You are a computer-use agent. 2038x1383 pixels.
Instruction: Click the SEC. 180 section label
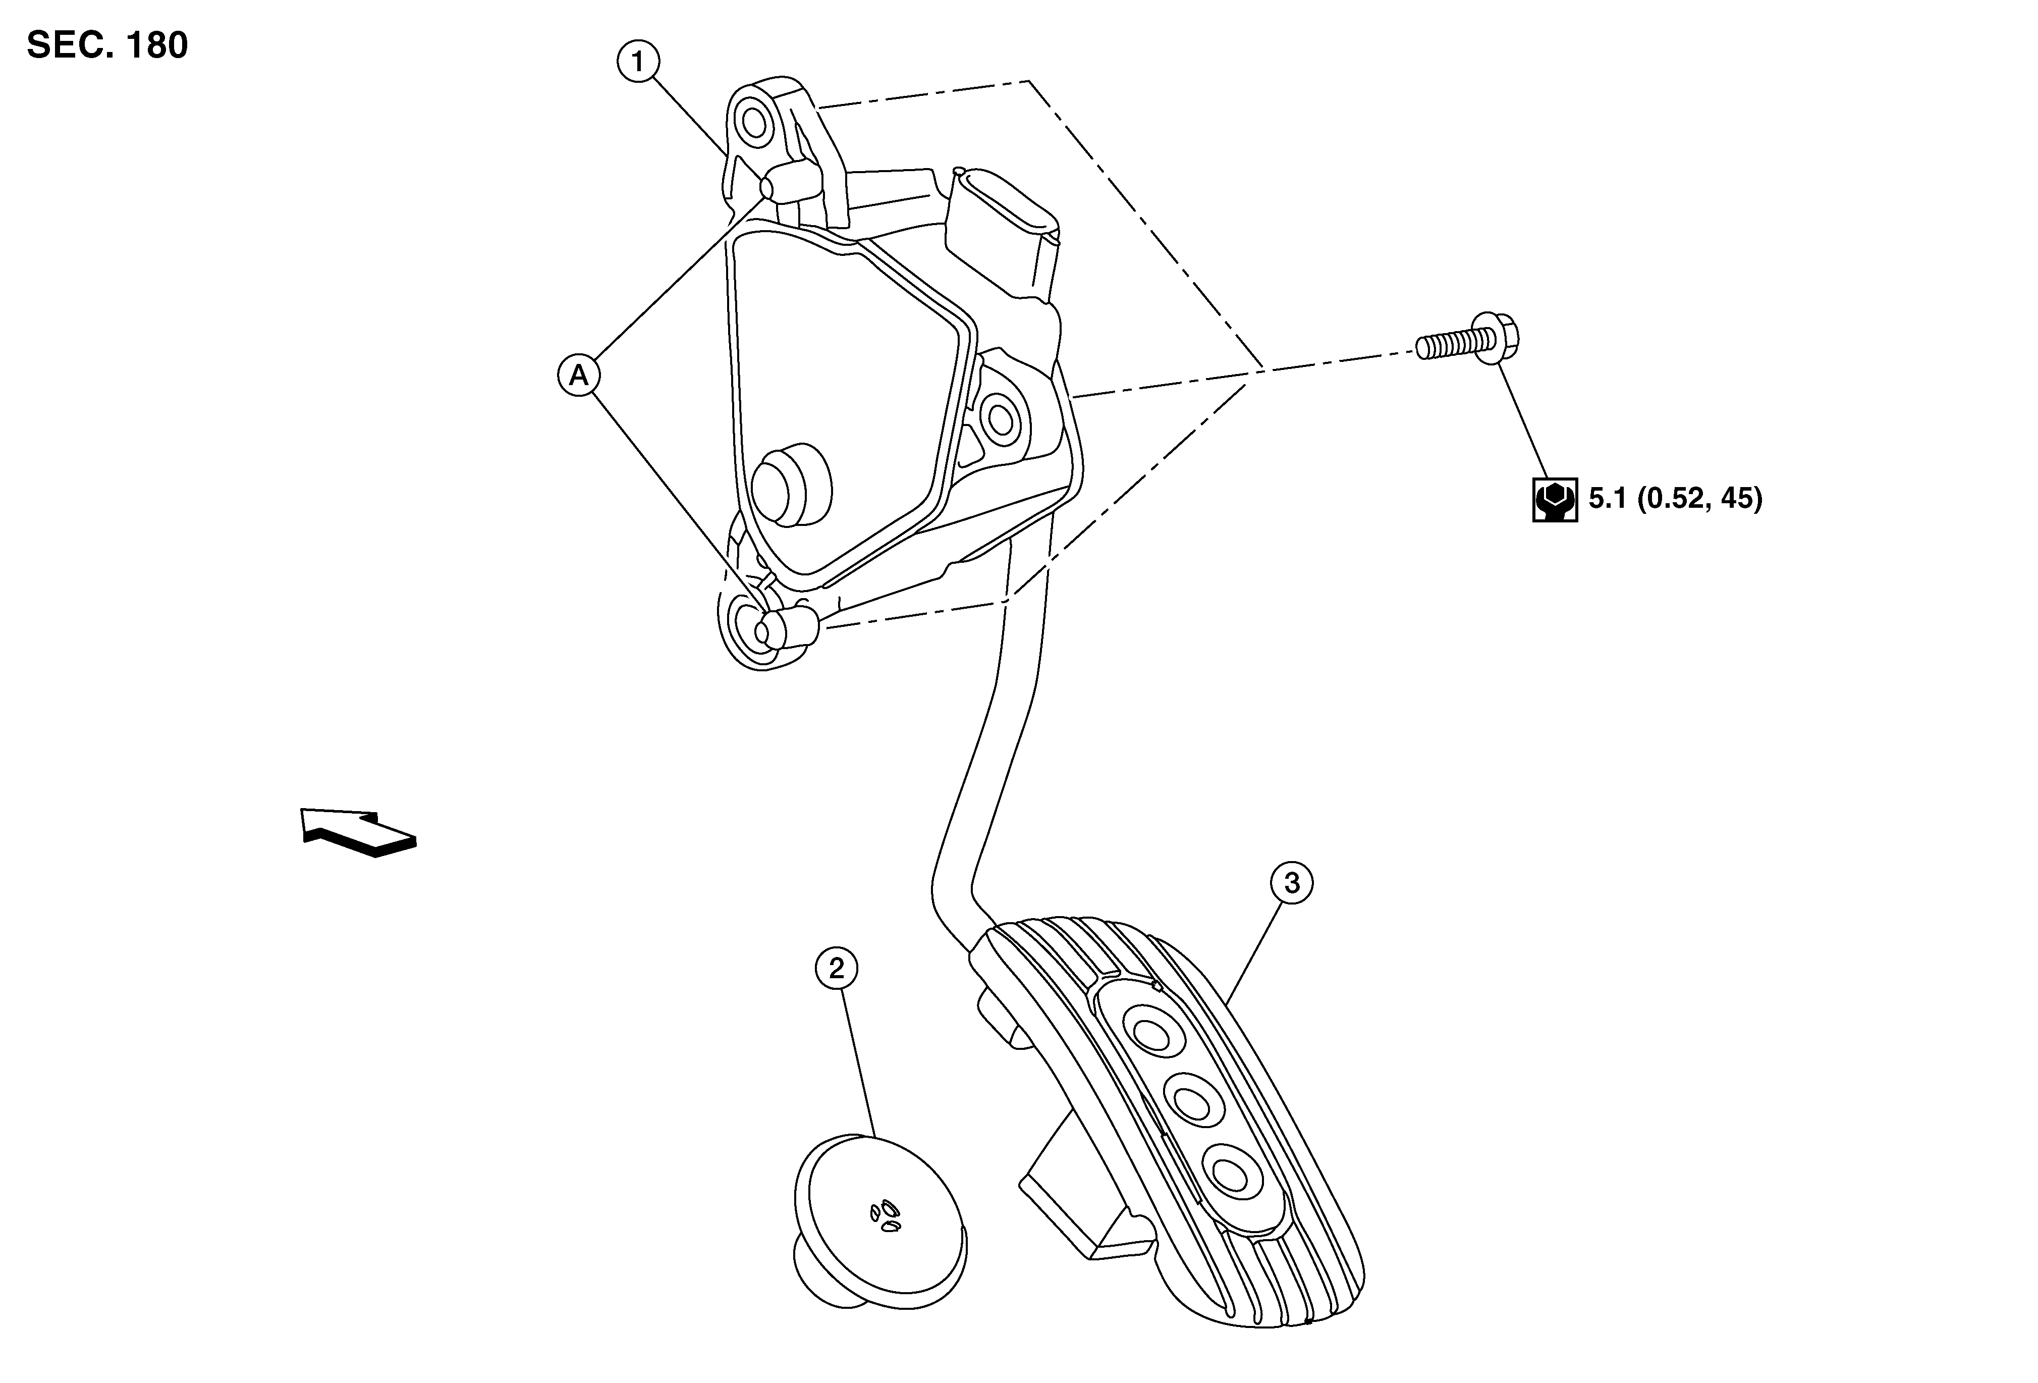[107, 45]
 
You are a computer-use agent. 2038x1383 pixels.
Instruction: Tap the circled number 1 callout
[638, 62]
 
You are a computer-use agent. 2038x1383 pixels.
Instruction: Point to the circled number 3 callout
[1292, 884]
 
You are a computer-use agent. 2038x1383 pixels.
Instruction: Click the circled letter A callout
[579, 376]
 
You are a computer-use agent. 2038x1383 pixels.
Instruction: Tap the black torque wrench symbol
[1555, 500]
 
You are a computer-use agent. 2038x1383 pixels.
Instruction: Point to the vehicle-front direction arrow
[358, 831]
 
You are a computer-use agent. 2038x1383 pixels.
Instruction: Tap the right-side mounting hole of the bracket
[999, 419]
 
